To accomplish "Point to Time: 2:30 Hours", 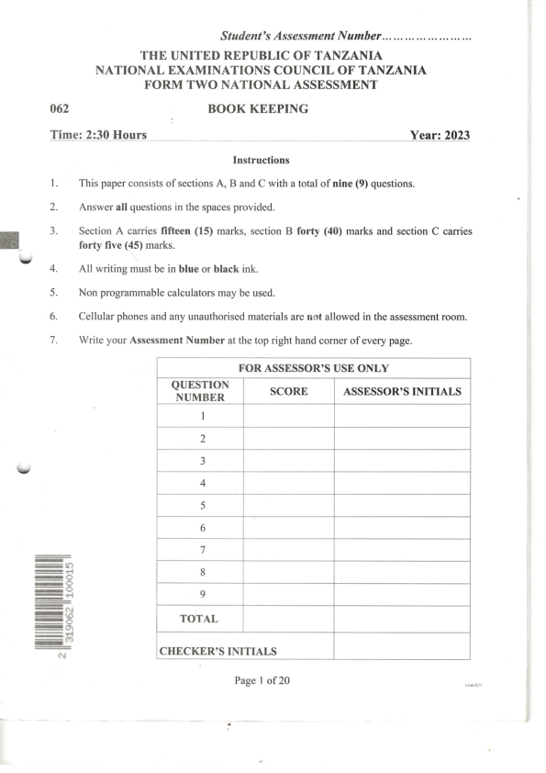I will pos(98,136).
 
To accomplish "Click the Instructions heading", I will pos(262,160).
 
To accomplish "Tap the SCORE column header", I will pos(288,391).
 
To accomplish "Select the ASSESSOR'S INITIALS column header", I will pos(401,391).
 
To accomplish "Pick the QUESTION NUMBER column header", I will pos(201,391).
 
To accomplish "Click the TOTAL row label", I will pos(200,619).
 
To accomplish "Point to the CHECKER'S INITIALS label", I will pos(217,651).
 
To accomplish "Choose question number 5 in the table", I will pos(201,505).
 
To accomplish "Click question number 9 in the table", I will pos(201,594).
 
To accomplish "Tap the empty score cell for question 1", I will pos(288,416).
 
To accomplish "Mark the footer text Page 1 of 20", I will pos(262,680).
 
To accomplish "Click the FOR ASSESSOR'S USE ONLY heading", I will pos(314,368).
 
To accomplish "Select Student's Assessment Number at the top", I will pos(300,37).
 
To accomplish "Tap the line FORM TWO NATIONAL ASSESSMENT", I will pos(262,84).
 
